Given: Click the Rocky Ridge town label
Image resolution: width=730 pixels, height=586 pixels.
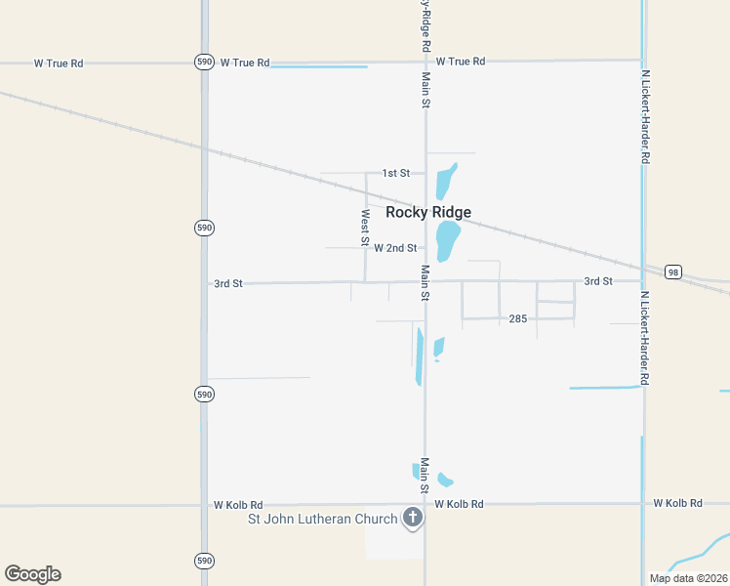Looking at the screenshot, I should point(428,212).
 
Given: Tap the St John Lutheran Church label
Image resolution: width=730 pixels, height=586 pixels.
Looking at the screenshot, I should point(323,519).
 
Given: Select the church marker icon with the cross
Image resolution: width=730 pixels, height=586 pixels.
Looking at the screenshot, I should point(413,518).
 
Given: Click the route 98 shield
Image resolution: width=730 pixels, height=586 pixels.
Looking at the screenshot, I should point(672,272).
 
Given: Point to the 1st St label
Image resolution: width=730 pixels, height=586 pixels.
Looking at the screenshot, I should point(395,173).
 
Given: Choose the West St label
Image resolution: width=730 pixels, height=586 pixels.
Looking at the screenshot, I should point(366,227).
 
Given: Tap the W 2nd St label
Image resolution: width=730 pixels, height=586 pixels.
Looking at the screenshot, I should point(395,248).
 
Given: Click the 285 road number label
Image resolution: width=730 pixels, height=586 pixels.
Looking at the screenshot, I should point(518,318).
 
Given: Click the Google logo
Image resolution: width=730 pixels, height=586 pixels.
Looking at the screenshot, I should point(32,574).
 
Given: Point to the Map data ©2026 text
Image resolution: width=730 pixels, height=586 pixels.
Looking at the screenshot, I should point(687,578).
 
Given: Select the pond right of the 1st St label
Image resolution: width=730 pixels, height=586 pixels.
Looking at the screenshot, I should point(445,181).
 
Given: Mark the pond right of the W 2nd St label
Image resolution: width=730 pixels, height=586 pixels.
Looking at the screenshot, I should point(448,239).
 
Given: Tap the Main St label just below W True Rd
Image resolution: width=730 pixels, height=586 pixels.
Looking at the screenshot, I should point(426,89).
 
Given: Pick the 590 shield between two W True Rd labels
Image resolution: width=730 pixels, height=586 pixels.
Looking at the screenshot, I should point(203,61).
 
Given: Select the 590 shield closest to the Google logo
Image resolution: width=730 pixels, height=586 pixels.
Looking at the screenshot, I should point(203,561).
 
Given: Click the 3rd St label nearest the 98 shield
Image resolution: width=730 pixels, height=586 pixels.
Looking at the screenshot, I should point(597,281).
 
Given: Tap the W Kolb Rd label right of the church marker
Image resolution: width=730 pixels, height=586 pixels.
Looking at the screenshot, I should point(459,504).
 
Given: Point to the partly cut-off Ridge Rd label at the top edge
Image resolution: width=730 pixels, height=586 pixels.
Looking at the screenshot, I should point(426,24).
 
